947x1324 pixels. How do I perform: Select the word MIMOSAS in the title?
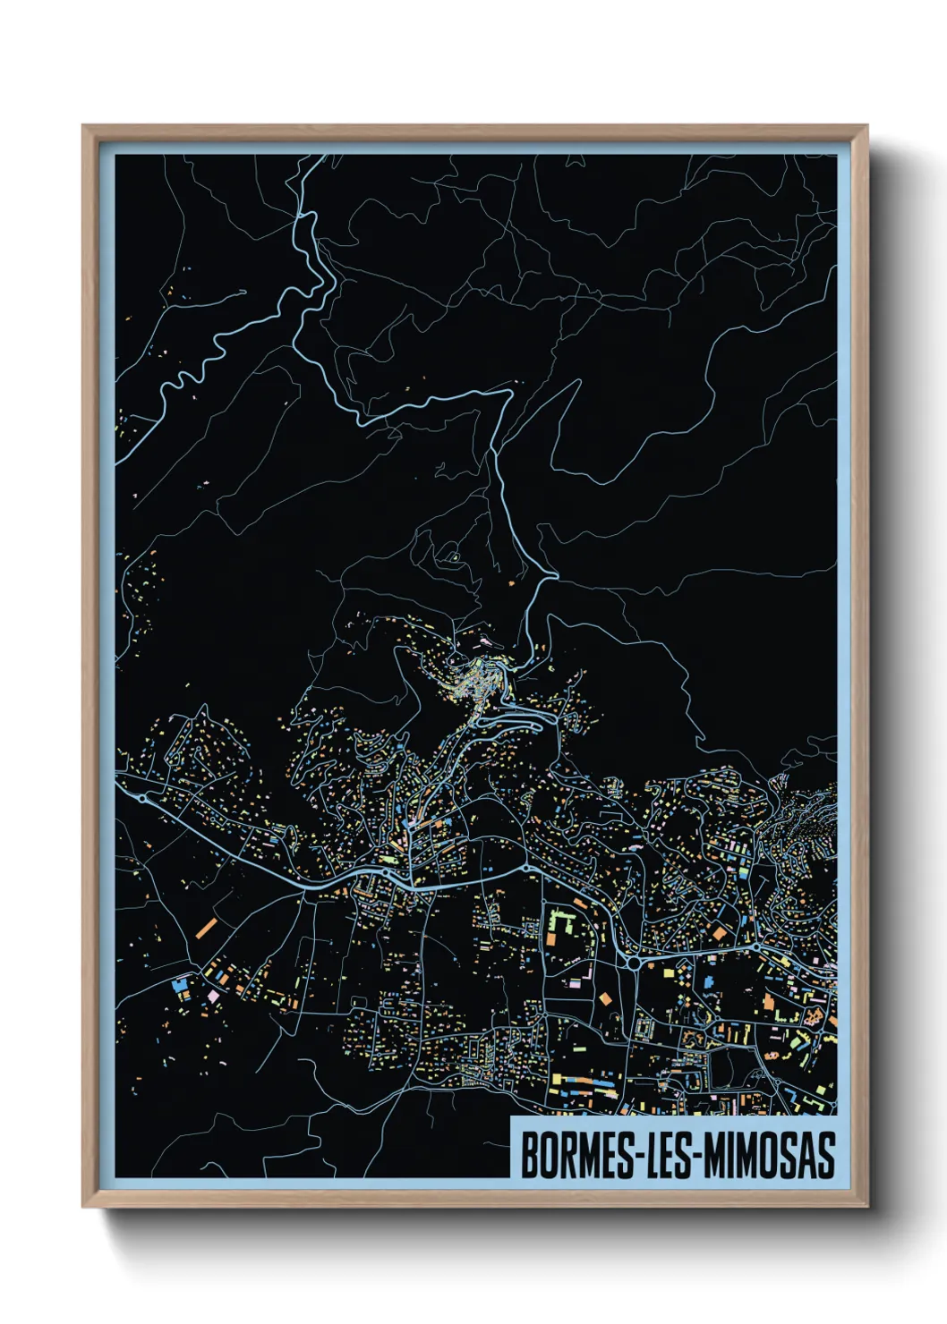[x=769, y=1156]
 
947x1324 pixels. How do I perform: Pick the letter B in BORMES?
[x=529, y=1156]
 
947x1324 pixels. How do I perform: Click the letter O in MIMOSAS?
[x=766, y=1156]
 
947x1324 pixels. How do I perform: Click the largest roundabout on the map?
[x=635, y=963]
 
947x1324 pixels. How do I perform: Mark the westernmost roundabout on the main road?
[x=143, y=797]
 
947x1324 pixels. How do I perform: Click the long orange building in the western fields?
[x=206, y=928]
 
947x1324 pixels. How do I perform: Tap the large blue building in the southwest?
[x=178, y=984]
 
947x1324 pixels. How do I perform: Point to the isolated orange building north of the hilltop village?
[x=511, y=583]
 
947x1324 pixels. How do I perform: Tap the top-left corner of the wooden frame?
[x=84, y=127]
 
